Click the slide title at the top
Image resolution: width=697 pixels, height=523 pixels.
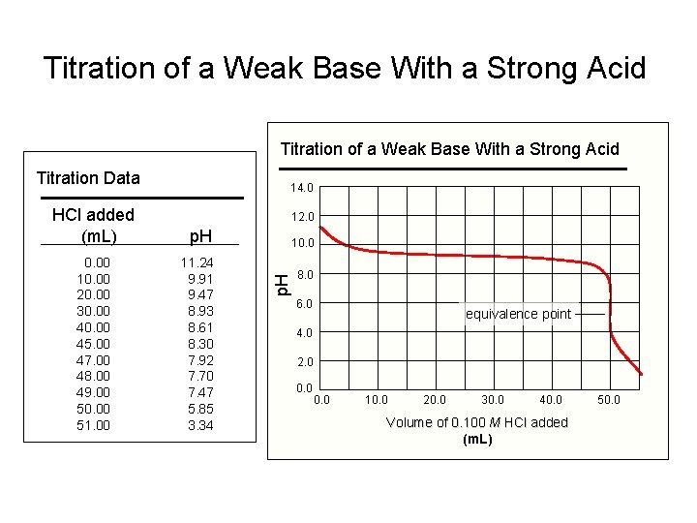click(345, 68)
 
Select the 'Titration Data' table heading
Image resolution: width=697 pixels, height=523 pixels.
click(88, 177)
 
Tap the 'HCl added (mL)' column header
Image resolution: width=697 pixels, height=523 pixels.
click(93, 225)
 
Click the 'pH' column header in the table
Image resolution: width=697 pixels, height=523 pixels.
click(200, 235)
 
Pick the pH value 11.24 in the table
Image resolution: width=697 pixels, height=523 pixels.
click(197, 262)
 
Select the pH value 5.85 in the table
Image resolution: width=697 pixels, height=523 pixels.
click(200, 409)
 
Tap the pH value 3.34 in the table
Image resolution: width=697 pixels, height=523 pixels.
click(200, 425)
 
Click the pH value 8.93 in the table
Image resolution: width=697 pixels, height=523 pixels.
click(200, 311)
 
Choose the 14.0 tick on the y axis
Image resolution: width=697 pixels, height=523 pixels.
click(302, 188)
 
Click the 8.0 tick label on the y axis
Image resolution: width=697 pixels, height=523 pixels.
click(305, 275)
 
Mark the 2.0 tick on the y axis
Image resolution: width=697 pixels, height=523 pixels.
click(305, 362)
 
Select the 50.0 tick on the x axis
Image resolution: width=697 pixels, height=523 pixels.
click(609, 399)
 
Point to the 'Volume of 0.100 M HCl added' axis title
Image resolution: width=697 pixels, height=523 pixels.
click(477, 422)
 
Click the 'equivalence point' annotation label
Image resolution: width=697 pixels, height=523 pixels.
click(519, 314)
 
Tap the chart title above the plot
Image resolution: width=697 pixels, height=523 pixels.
click(449, 148)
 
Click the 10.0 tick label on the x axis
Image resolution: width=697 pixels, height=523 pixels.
click(378, 399)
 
